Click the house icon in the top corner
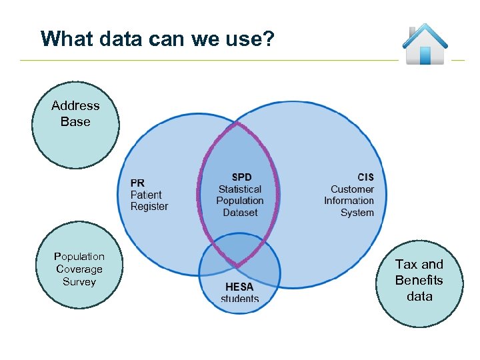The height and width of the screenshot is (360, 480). pyautogui.click(x=425, y=45)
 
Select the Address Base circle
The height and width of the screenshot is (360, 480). pyautogui.click(x=75, y=125)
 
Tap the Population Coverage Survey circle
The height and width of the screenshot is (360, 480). pyautogui.click(x=79, y=268)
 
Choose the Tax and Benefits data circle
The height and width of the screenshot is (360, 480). pyautogui.click(x=419, y=281)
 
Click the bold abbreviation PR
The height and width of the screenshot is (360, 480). pyautogui.click(x=137, y=183)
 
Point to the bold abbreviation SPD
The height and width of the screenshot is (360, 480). pyautogui.click(x=241, y=177)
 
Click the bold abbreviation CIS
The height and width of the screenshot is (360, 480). pyautogui.click(x=365, y=177)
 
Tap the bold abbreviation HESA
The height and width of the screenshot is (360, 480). pyautogui.click(x=239, y=287)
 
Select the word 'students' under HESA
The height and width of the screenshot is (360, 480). pyautogui.click(x=239, y=299)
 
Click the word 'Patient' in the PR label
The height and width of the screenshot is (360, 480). pyautogui.click(x=146, y=195)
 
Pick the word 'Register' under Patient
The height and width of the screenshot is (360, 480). pyautogui.click(x=149, y=207)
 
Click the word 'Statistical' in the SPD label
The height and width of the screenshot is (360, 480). pyautogui.click(x=240, y=189)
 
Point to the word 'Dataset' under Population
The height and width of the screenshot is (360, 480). pyautogui.click(x=240, y=213)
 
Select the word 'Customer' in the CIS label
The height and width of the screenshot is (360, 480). pyautogui.click(x=352, y=189)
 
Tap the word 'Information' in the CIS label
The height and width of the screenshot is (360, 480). pyautogui.click(x=349, y=201)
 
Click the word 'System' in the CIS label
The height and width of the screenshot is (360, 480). pyautogui.click(x=357, y=213)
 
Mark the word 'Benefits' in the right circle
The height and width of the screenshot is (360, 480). pyautogui.click(x=419, y=280)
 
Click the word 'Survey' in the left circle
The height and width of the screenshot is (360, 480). pyautogui.click(x=79, y=281)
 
